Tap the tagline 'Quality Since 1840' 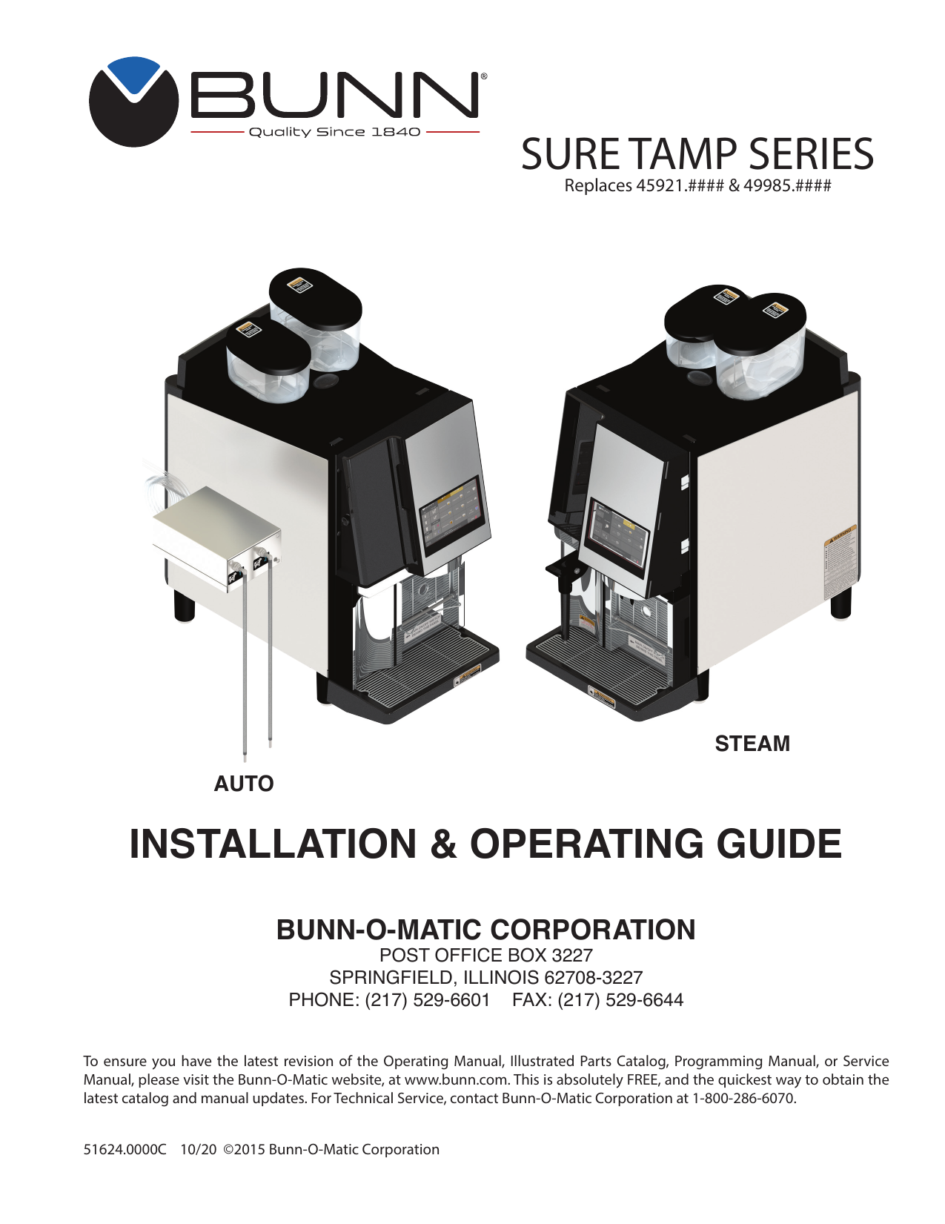pos(334,132)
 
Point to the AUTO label pos(244,784)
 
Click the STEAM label pos(752,744)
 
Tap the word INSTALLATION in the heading pos(273,844)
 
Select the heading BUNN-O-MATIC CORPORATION pos(485,930)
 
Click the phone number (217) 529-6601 pos(428,1000)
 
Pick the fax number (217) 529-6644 pos(620,1000)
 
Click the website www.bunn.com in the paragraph pos(456,1080)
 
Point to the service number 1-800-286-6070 pos(743,1099)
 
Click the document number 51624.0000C pos(125,1150)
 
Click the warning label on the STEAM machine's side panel pos(840,563)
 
